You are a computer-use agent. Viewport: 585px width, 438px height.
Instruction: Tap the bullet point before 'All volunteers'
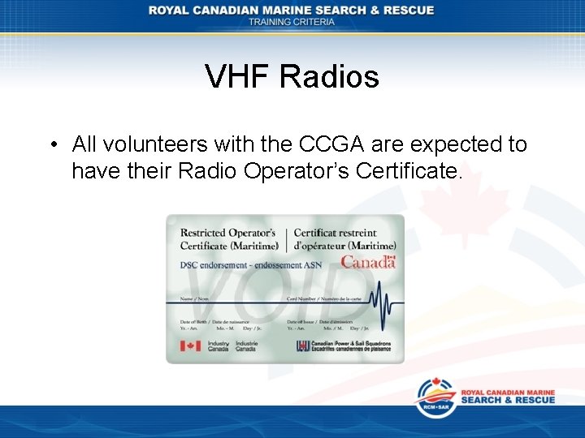[53, 146]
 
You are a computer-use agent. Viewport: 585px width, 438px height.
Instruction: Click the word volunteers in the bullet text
[158, 145]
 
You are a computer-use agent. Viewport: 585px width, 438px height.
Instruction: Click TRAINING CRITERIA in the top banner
[291, 22]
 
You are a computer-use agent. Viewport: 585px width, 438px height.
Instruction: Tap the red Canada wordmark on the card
[367, 262]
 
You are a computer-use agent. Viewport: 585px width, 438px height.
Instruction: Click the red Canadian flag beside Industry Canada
[190, 346]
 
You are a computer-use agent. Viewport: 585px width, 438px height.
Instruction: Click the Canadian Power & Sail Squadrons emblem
[302, 346]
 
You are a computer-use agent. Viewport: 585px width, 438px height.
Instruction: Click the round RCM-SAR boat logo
[435, 398]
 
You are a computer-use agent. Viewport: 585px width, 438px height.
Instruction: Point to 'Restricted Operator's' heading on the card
[227, 233]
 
